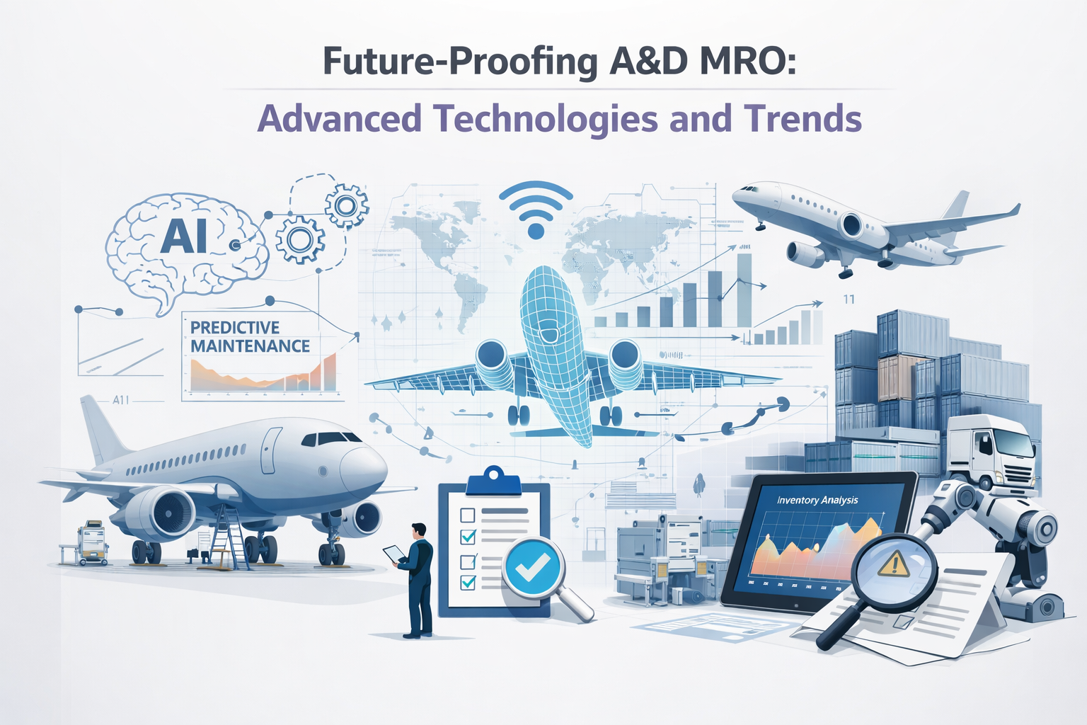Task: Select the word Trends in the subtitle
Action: point(803,118)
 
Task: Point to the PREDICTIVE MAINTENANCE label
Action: point(250,336)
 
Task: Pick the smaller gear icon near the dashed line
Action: point(346,205)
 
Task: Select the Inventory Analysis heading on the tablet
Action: point(817,500)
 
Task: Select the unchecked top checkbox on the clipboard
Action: point(467,514)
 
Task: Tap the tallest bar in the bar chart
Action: point(744,290)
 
